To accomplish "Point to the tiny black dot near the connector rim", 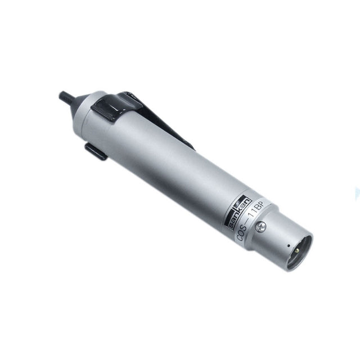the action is pyautogui.click(x=289, y=246).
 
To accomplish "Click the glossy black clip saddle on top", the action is pyautogui.click(x=116, y=106).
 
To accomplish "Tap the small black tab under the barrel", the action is pyautogui.click(x=96, y=151).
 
